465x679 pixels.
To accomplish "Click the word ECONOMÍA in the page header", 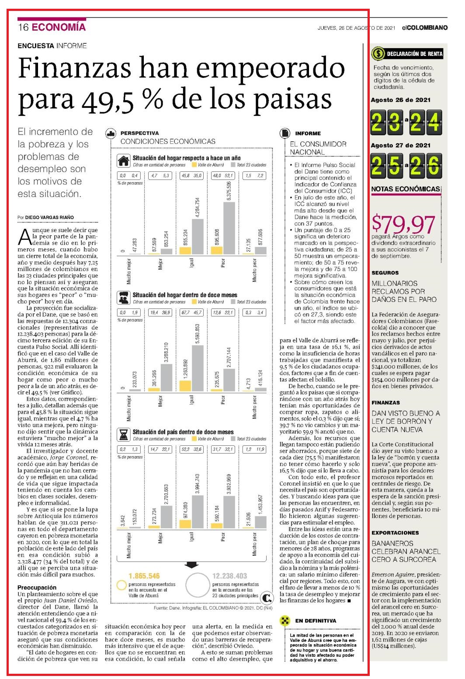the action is (59, 27).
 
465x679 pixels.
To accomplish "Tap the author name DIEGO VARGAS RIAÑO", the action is (49, 217).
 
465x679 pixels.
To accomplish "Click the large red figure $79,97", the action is (403, 224).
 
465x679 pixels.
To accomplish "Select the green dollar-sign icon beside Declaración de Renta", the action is (378, 54).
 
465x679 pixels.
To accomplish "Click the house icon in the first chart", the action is (124, 161).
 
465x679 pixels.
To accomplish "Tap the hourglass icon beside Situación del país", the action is (124, 435).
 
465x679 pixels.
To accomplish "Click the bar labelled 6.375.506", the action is (229, 228).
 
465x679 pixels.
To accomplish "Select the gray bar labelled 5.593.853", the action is (198, 368).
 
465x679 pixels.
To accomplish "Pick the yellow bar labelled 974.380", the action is (185, 524).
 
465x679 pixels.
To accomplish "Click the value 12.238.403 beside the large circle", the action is (229, 576).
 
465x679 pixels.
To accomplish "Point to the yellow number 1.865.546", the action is (144, 576).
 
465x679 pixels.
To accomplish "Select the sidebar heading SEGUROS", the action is (385, 273).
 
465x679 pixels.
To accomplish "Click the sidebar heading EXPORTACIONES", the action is (395, 533).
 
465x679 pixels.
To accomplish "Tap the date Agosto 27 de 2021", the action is (400, 145).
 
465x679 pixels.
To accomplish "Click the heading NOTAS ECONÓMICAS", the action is (406, 189).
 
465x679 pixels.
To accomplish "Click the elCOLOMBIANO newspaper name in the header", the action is (425, 28).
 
